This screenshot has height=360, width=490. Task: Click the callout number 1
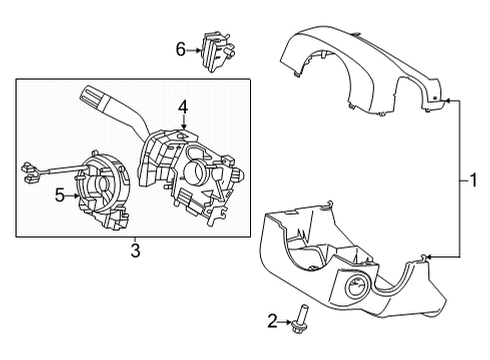click(472, 181)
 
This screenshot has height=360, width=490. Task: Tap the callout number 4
click(183, 105)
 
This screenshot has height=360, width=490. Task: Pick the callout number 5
click(58, 197)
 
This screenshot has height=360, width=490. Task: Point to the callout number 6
click(180, 48)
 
